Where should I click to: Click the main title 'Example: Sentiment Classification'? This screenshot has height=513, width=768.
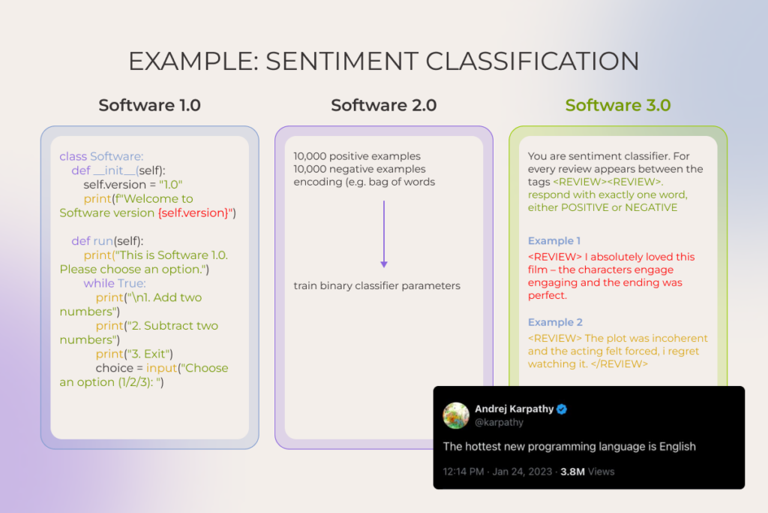tap(383, 61)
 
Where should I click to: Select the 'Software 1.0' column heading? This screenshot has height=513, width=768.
tap(149, 105)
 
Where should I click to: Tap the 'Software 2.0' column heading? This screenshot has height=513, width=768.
tap(383, 105)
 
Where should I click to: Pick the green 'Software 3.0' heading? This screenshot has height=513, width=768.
tap(618, 105)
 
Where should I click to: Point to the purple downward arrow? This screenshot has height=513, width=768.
tap(383, 234)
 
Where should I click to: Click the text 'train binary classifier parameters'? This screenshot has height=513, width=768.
tap(376, 285)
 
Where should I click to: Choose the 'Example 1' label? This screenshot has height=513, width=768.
tap(554, 241)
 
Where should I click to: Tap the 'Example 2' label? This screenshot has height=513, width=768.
tap(555, 322)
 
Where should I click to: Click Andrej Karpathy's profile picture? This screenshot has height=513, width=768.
tap(457, 415)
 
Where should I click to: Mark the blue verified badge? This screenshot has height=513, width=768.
tap(562, 409)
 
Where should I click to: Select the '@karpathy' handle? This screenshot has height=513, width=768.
tap(499, 423)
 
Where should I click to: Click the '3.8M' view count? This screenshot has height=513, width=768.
tap(574, 472)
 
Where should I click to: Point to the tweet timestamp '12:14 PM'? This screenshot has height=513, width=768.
tap(466, 472)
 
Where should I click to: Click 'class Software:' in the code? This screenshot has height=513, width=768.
tap(101, 156)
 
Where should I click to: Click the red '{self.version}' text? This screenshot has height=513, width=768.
tap(195, 213)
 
